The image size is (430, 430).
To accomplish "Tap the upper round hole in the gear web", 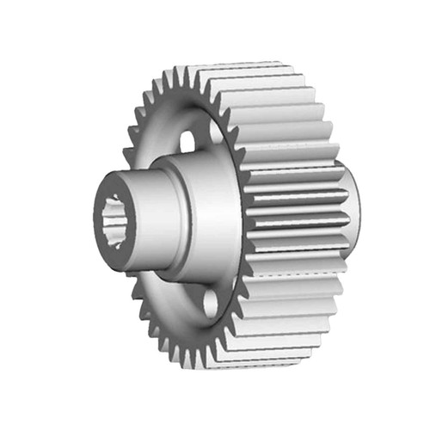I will (191, 136).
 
